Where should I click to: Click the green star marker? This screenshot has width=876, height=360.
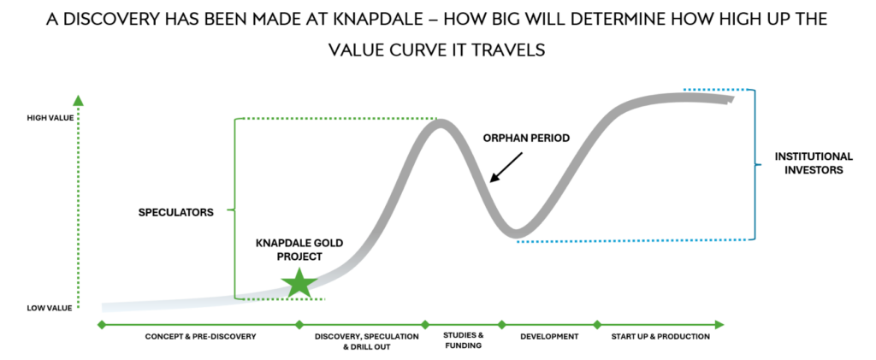point(299,283)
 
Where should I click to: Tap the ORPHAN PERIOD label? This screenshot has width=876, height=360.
point(526,138)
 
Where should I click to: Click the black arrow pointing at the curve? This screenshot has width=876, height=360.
point(506,167)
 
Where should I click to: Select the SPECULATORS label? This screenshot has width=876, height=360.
point(176,213)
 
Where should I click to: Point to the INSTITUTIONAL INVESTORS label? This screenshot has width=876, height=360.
point(814,163)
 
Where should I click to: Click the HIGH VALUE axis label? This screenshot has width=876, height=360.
point(50,118)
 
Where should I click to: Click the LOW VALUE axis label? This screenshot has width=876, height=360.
point(49,308)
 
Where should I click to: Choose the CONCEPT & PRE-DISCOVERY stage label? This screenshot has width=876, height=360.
point(200,337)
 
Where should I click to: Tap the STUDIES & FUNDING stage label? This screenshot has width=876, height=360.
point(463,340)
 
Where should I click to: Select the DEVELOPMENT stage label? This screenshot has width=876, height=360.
point(549,337)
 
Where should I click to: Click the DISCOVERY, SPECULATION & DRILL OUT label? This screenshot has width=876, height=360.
point(366,341)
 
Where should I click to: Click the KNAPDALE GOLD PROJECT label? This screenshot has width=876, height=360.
point(299,250)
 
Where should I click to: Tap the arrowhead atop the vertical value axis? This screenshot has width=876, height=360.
point(78,100)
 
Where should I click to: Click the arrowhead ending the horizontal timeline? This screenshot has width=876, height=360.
point(719,324)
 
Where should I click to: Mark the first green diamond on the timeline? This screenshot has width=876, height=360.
point(101,324)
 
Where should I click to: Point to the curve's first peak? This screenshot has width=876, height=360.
point(440,123)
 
